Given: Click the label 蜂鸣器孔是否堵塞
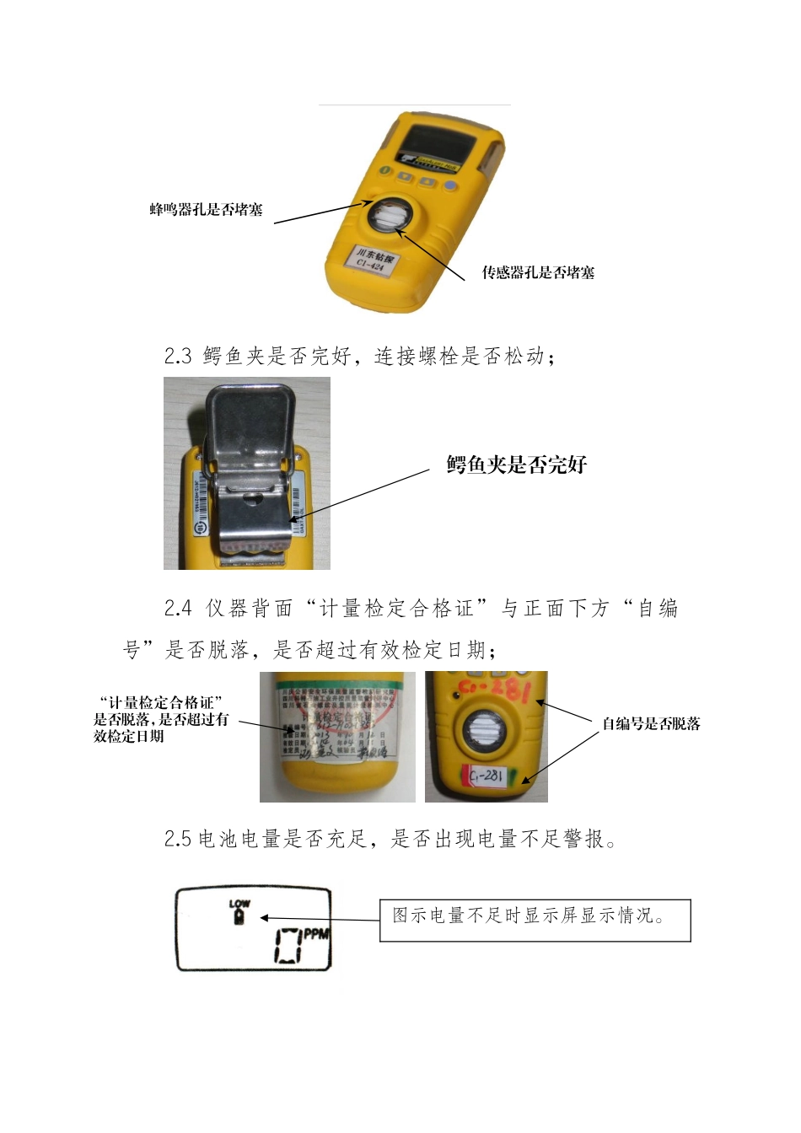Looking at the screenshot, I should [206, 210].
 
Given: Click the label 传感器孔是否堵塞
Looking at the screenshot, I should [538, 272].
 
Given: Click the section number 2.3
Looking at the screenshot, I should [178, 357].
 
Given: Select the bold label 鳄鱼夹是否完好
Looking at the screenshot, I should [516, 464].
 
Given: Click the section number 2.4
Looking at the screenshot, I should [178, 609].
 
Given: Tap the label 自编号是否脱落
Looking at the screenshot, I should [651, 723].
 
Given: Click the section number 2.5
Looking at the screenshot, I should [178, 839].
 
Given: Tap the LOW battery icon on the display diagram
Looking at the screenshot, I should [239, 911].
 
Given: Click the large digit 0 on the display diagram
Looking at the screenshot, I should [288, 945].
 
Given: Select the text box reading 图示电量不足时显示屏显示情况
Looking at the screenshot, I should [535, 919].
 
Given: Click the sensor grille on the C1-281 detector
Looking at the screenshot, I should [485, 729].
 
